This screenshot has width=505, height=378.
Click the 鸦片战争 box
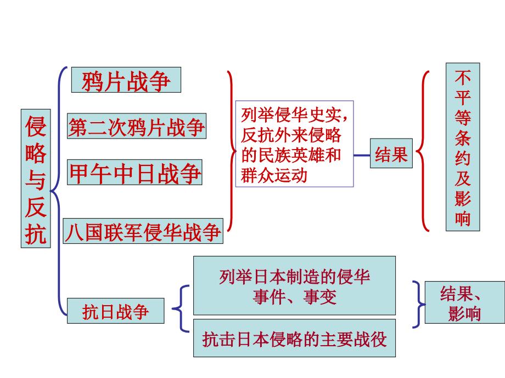point(126,81)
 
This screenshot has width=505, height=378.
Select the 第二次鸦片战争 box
point(136,127)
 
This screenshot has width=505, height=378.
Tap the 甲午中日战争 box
point(135,173)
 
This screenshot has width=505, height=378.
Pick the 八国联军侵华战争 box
point(143,231)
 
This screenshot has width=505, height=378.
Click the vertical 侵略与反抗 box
point(36,178)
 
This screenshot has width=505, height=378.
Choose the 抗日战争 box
point(115,311)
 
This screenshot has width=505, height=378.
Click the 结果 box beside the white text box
point(391,154)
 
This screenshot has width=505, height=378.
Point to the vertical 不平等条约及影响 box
point(462,147)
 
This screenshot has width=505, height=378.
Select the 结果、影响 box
point(460,303)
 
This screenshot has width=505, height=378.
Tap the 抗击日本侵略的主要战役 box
point(294,340)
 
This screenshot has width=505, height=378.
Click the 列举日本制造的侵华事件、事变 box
point(294,287)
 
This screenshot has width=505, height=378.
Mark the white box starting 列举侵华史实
point(294,144)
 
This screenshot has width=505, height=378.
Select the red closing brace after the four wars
point(231,150)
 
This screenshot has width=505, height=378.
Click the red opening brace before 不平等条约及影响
point(423,150)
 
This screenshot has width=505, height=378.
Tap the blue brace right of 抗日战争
point(182,308)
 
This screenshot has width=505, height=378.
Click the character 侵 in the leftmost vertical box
point(36,127)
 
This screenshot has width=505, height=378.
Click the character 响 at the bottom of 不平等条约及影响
point(462,218)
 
